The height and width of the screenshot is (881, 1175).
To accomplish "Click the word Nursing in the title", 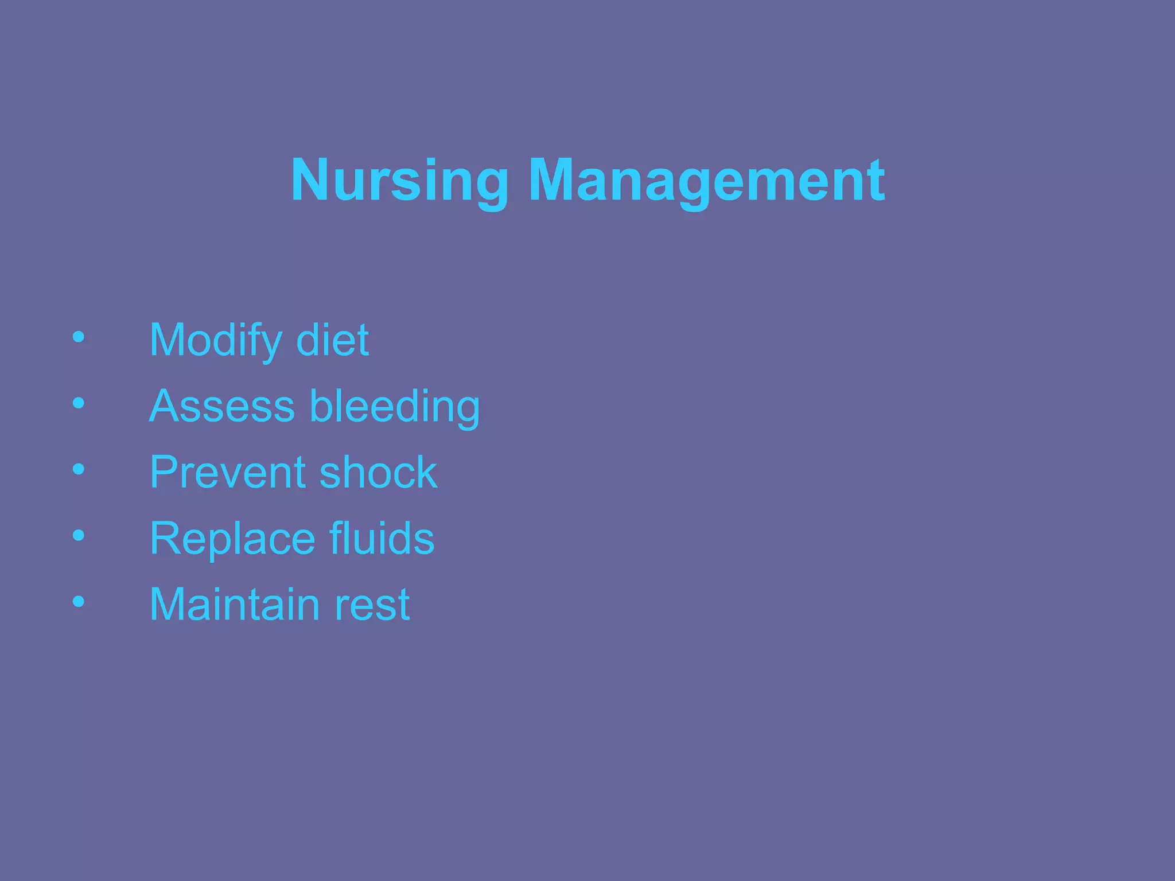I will pos(400,181).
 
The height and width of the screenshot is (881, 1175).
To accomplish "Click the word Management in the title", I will pos(706,181).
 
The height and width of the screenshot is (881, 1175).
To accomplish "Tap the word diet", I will pos(332,340).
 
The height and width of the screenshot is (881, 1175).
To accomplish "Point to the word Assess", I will pos(222,406).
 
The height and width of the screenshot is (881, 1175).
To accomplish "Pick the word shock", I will pos(378,472).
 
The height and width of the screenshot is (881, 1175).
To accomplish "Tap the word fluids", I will pos(382,538).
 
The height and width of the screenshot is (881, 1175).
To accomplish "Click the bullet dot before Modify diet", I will pos(79,337).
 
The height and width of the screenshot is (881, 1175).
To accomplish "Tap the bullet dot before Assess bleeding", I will pos(79,403).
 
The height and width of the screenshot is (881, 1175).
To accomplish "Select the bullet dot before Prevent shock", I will pos(79,470).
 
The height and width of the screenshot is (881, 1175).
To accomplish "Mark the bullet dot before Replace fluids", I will pos(79,536).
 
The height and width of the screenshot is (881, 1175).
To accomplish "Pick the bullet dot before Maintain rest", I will pos(79,602).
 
